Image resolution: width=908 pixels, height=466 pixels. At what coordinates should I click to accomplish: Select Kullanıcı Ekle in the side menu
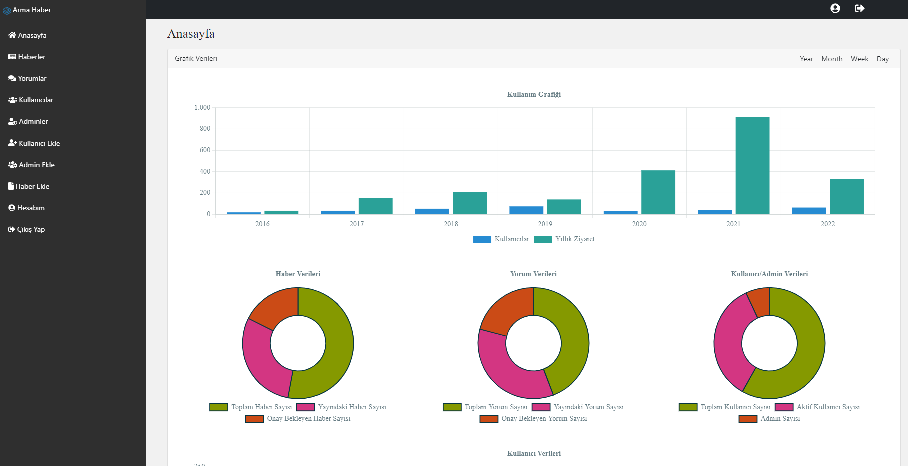pyautogui.click(x=34, y=143)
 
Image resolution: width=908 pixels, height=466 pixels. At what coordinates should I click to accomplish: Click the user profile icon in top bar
pyautogui.click(x=835, y=8)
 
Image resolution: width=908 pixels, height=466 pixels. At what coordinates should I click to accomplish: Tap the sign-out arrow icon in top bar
pyautogui.click(x=859, y=8)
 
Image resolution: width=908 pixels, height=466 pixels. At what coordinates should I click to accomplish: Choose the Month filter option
pyautogui.click(x=832, y=59)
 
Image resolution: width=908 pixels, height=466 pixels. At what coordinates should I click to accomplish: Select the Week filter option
pyautogui.click(x=859, y=59)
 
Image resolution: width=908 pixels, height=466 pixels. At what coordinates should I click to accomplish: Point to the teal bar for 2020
pyautogui.click(x=658, y=192)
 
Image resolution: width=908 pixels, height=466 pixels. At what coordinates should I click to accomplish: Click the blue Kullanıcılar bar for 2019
pyautogui.click(x=526, y=210)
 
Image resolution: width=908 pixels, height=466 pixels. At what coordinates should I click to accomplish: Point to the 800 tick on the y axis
pyautogui.click(x=205, y=129)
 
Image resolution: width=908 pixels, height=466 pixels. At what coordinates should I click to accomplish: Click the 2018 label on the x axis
pyautogui.click(x=451, y=224)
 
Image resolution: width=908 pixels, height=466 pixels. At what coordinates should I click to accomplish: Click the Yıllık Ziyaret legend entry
pyautogui.click(x=565, y=239)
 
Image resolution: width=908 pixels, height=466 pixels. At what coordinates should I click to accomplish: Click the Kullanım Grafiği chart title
pyautogui.click(x=534, y=94)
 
